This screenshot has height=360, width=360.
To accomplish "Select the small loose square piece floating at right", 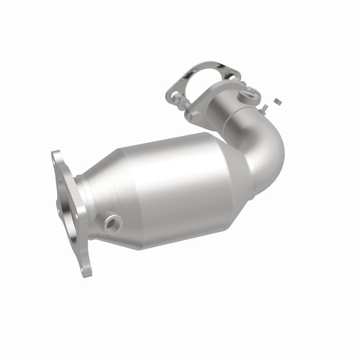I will coord(278,101).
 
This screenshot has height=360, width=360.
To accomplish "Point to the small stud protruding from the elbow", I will coord(265,108).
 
